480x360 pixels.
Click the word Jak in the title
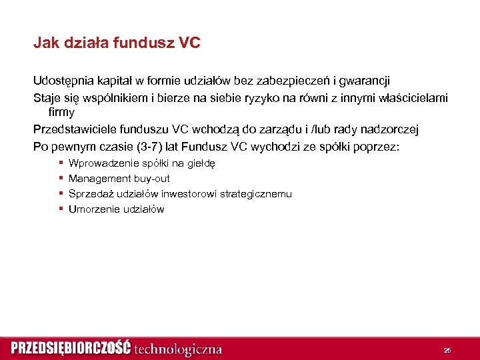click(46, 44)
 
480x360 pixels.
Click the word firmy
click(61, 112)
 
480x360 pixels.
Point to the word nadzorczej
click(391, 129)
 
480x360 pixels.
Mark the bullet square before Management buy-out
click(61, 178)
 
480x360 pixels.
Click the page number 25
click(447, 350)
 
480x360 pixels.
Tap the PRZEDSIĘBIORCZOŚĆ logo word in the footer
click(71, 349)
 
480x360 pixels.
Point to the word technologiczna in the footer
click(178, 349)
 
